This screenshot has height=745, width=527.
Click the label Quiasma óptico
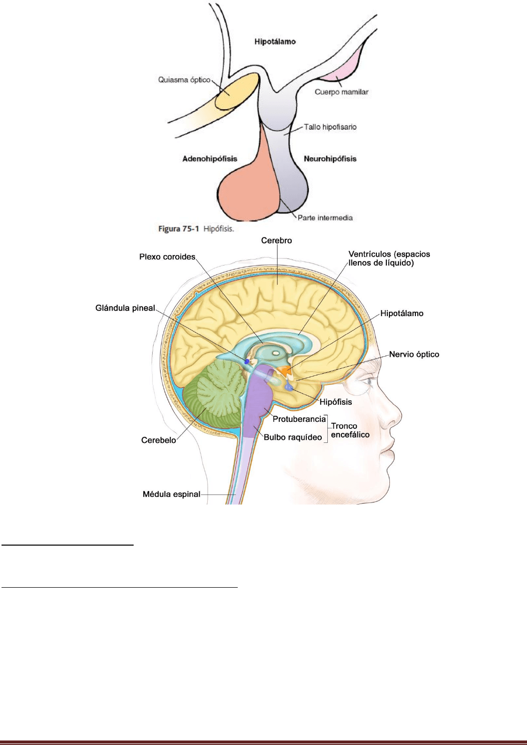184,80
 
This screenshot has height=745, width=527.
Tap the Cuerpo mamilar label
341,92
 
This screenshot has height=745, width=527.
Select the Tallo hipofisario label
330,127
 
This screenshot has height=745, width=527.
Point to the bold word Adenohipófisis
210,159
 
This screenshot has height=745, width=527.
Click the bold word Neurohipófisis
330,159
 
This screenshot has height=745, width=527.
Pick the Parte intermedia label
325,218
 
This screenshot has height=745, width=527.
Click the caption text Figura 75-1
179,229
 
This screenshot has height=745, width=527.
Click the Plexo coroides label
167,257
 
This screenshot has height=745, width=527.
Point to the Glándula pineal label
125,308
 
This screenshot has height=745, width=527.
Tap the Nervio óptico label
414,354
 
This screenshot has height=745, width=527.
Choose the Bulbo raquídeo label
293,437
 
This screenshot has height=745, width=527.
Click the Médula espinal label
171,494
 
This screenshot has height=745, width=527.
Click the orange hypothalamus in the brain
284,371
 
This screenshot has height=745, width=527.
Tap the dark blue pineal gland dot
247,361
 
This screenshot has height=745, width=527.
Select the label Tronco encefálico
350,430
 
